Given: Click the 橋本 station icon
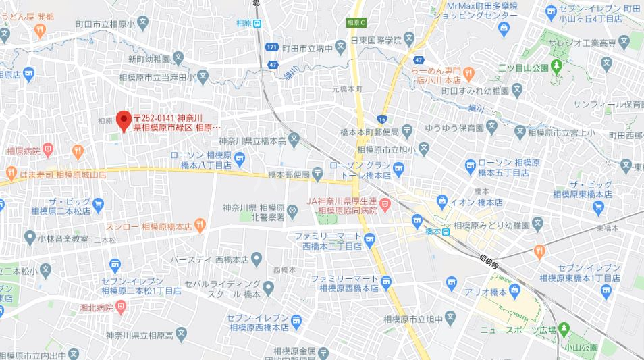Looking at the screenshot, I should [446, 231].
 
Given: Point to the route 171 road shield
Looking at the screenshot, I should [271, 47].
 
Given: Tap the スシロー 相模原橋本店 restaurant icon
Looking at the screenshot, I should [200, 224].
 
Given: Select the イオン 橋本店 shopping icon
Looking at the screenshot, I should [442, 201].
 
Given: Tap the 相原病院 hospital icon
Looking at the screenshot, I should [47, 149].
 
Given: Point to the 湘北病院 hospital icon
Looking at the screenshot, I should [121, 307].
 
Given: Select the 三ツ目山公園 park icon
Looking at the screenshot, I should [556, 66].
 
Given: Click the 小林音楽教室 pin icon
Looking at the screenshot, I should [30, 237].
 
